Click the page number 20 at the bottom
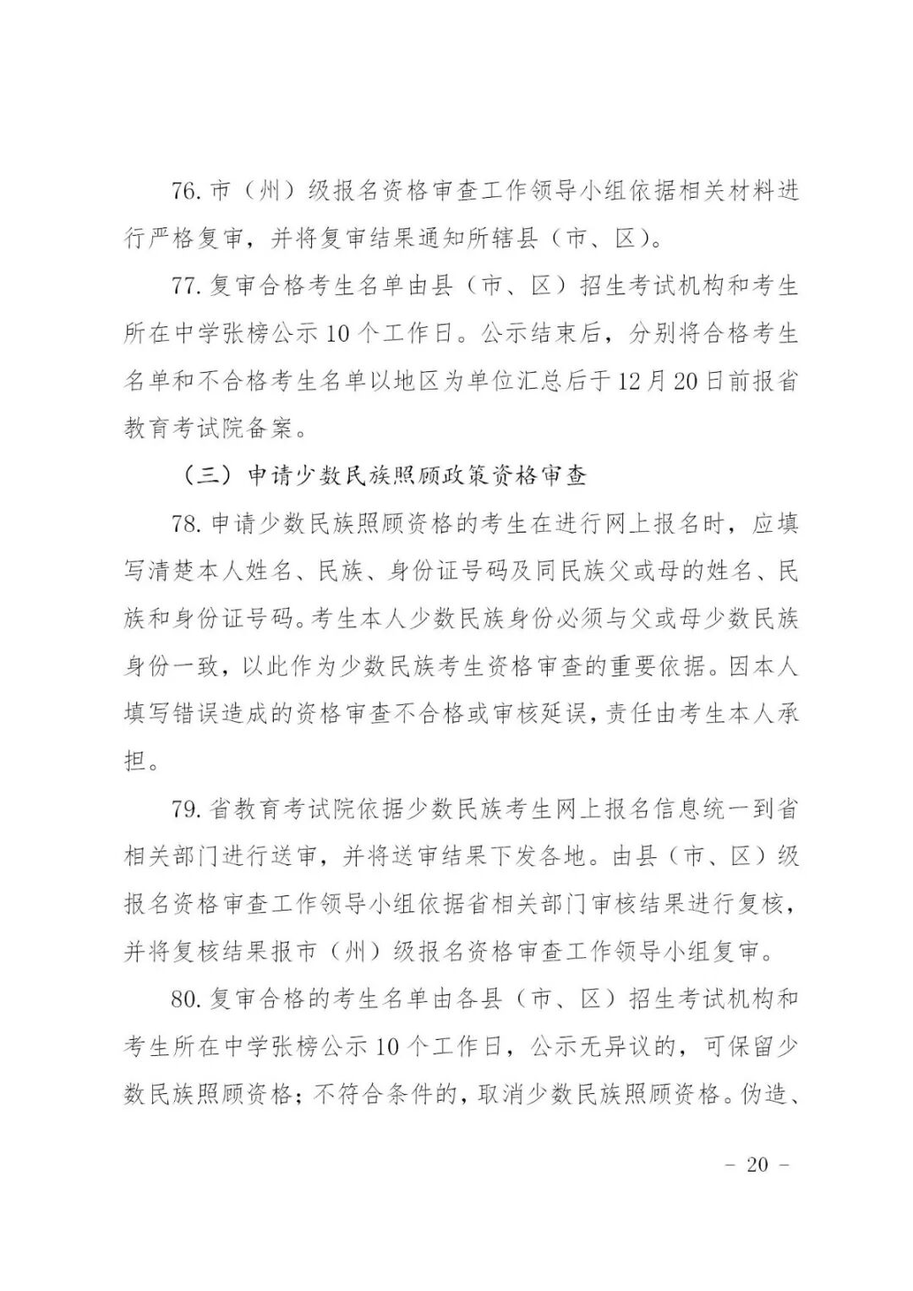[757, 1164]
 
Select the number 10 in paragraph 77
[336, 334]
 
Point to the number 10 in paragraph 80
[386, 1047]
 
